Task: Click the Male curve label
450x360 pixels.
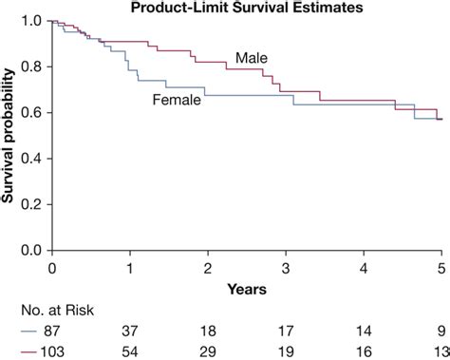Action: (x=252, y=57)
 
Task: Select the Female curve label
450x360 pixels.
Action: (x=177, y=99)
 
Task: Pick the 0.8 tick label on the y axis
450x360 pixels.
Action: (x=31, y=66)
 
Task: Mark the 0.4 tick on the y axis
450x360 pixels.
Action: (x=31, y=159)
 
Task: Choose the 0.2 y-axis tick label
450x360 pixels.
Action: (x=31, y=204)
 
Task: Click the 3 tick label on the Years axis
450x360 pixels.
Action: (x=286, y=267)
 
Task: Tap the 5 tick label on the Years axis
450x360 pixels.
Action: (x=441, y=267)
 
